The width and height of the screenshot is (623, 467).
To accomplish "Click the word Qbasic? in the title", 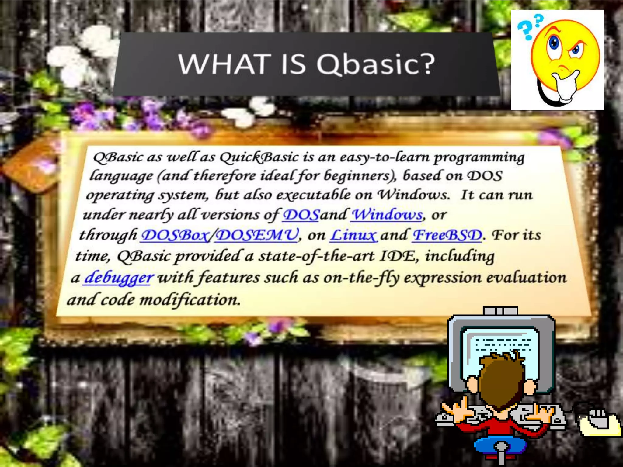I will [376, 64].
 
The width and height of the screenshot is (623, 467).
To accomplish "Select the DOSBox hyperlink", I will [175, 235].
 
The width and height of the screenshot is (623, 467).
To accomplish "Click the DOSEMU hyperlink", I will [257, 235].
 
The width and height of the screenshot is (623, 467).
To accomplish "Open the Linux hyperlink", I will [353, 235].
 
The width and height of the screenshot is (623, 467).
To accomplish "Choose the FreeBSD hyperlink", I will [447, 235].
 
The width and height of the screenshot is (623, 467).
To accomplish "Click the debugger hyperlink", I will [119, 278].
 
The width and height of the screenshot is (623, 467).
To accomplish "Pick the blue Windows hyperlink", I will [387, 215].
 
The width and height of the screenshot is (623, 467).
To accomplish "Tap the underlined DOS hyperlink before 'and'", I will [301, 215].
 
